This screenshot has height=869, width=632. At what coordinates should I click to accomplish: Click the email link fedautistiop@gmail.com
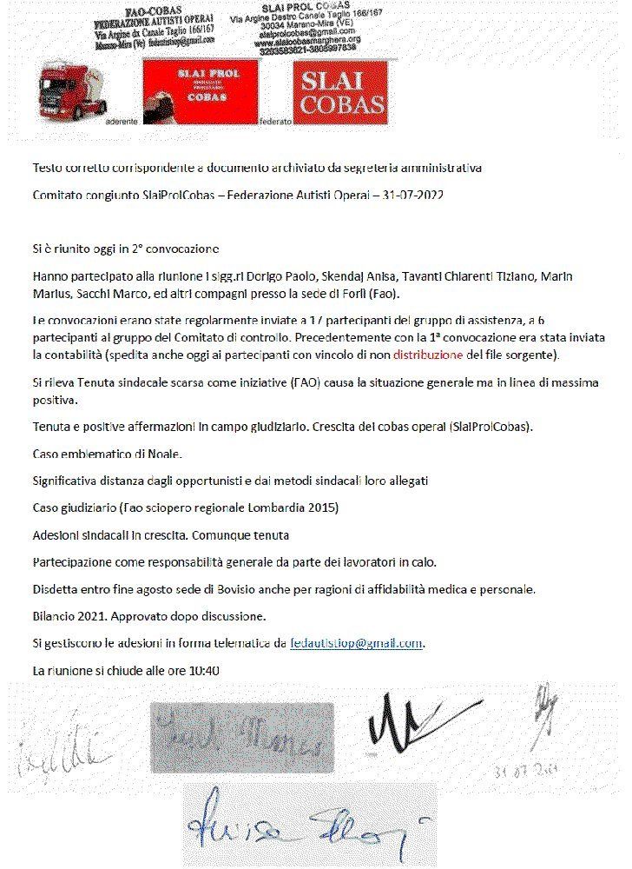click(x=357, y=644)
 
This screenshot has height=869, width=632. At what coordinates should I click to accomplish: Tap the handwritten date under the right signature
click(x=517, y=770)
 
